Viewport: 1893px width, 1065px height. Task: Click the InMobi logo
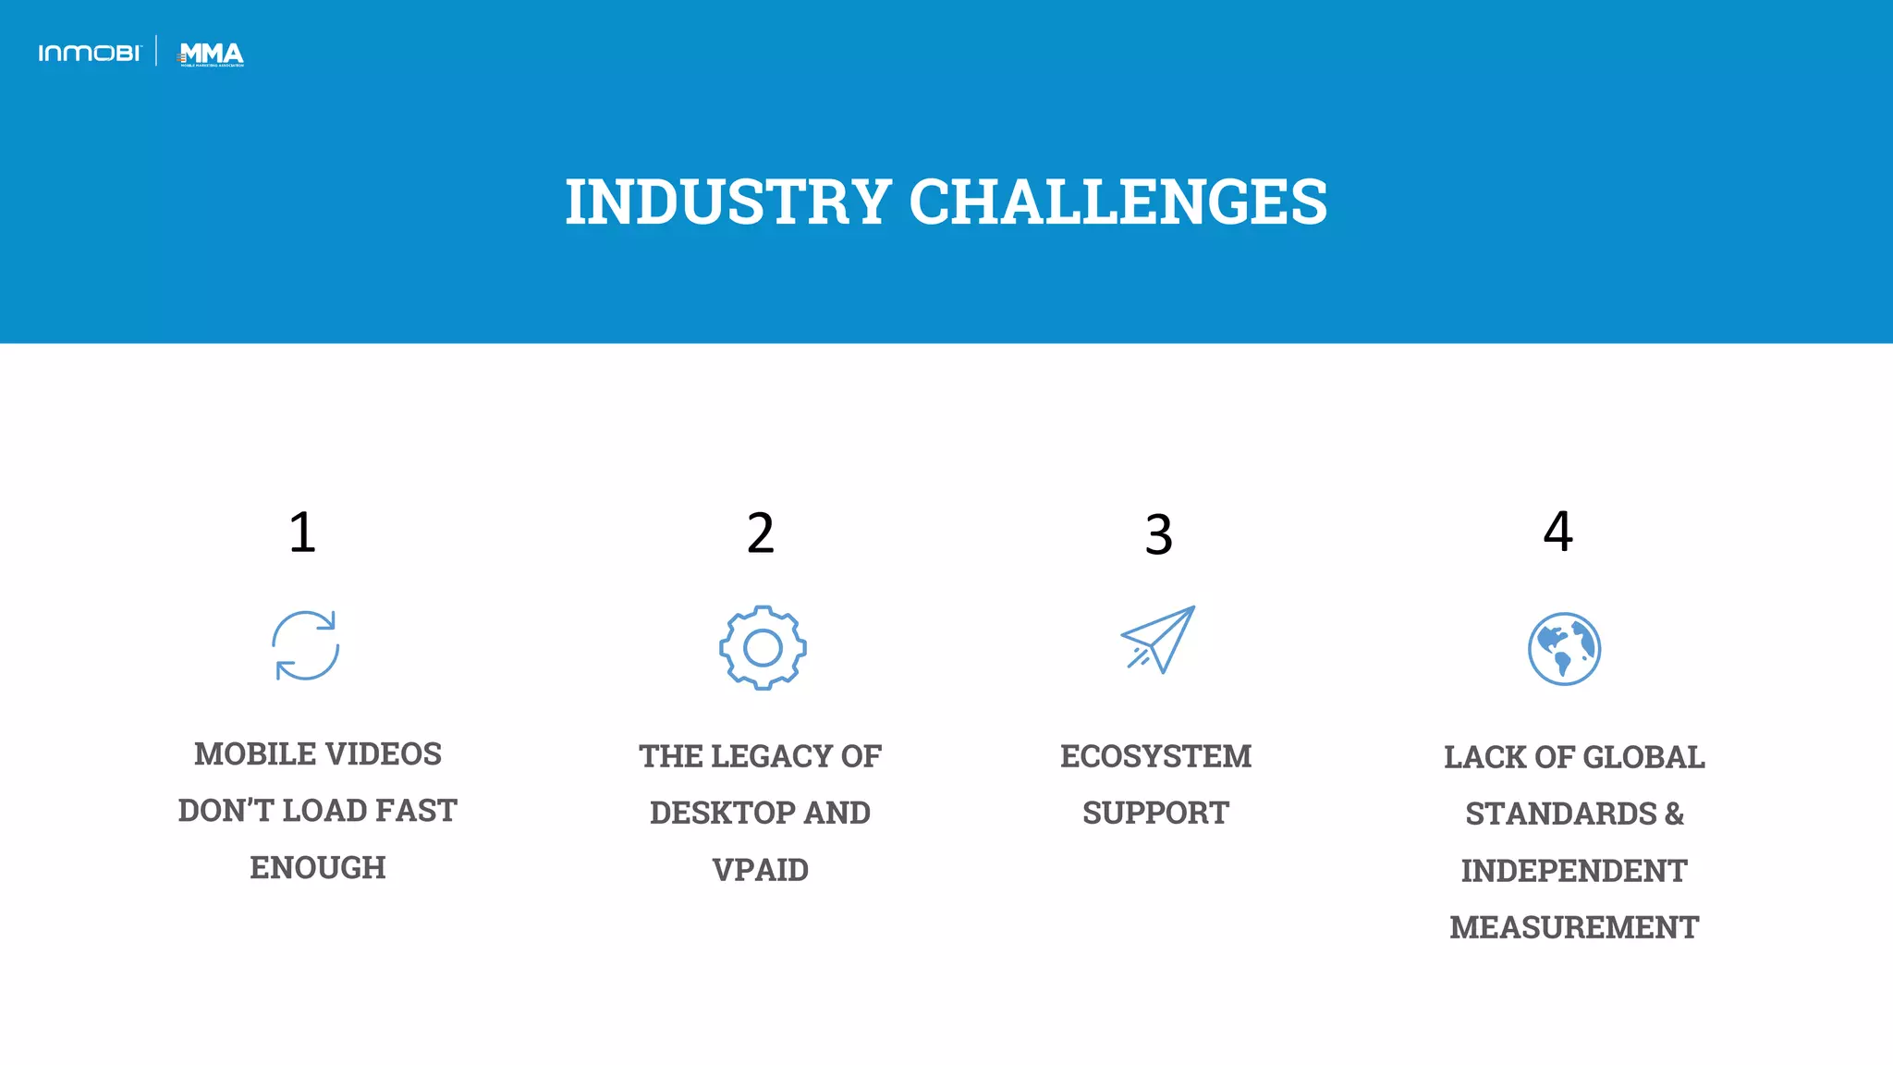(90, 54)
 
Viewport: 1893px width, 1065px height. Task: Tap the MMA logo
(212, 55)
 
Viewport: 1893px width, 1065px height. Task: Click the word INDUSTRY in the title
(727, 202)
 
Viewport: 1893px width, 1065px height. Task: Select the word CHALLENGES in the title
(1117, 202)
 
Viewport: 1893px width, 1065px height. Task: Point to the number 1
(302, 532)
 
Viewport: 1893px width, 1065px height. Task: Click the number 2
(760, 533)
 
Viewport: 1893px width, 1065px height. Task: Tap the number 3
(1158, 535)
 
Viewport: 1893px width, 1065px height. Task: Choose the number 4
(1557, 532)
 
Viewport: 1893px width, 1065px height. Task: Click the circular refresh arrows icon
(306, 645)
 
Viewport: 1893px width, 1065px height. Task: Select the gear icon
(763, 648)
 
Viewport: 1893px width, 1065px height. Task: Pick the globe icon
(1564, 649)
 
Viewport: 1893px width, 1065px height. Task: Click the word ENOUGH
(318, 868)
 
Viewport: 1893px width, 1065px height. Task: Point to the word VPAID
(760, 870)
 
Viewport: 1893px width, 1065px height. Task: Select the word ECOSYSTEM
(1155, 756)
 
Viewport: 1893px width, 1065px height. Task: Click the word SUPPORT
(1155, 814)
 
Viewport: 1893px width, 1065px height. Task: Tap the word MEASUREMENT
(1573, 927)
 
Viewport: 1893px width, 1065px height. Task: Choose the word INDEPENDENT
(1573, 871)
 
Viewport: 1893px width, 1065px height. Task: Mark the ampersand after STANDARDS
(1674, 814)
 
